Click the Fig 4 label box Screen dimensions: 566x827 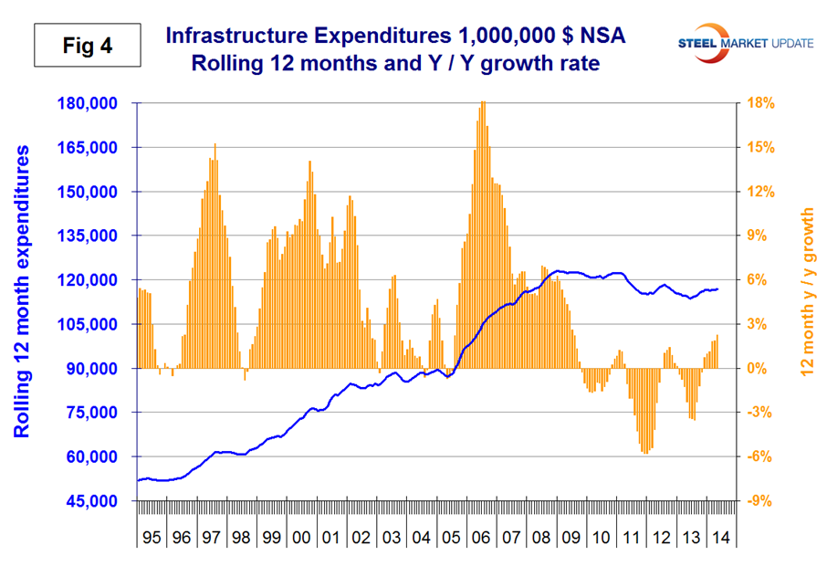89,42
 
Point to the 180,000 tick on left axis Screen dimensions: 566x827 93,103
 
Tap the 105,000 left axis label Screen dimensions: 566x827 93,324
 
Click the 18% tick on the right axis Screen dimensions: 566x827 762,103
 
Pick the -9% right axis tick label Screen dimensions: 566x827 762,501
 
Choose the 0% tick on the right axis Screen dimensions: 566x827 762,369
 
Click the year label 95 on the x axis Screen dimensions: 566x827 152,538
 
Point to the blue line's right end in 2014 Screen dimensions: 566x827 717,289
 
